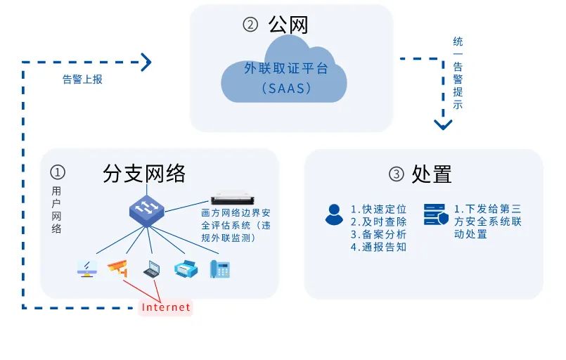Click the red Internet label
click(166, 307)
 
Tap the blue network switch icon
click(147, 211)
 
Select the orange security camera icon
click(118, 269)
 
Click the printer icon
click(186, 269)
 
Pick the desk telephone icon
click(220, 269)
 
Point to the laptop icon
click(152, 269)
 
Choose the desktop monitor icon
click(87, 269)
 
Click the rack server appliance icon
click(233, 198)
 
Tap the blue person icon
click(334, 214)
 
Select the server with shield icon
click(436, 214)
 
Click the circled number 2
click(250, 25)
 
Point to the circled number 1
click(58, 172)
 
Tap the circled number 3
click(397, 174)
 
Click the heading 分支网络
click(144, 173)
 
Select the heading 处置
click(432, 174)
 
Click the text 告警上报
click(83, 79)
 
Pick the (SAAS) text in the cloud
click(286, 88)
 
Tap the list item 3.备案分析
click(378, 234)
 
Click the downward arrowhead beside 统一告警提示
click(443, 124)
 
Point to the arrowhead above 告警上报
click(146, 62)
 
